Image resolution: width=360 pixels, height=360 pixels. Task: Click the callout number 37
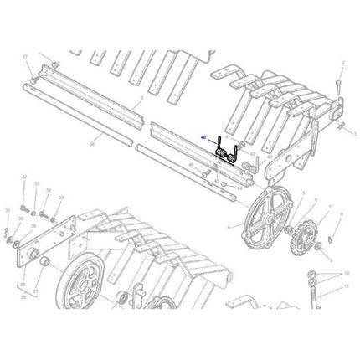coord(26,56)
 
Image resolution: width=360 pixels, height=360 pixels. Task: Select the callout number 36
coord(91,146)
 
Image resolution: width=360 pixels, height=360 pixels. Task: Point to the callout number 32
coord(24,178)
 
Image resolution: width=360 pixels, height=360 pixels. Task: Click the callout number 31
coord(7,210)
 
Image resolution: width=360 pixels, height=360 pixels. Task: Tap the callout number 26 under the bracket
coord(23,296)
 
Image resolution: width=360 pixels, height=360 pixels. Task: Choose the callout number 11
coord(345,285)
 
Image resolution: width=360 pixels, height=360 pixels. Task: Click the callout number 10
coord(345,274)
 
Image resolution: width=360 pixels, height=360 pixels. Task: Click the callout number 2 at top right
coord(342,64)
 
